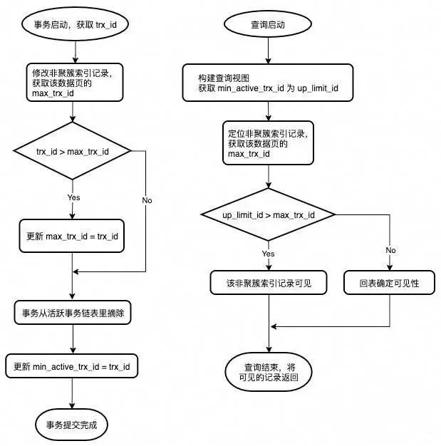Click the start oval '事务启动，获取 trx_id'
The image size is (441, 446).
[x=71, y=24]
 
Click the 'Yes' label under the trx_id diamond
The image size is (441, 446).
[x=73, y=197]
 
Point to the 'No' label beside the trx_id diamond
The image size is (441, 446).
[x=147, y=200]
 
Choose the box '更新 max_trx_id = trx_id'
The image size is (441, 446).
[x=72, y=236]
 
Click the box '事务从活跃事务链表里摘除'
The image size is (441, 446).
[x=72, y=313]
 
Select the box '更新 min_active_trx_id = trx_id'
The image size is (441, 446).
[x=72, y=366]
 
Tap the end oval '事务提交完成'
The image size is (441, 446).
[x=71, y=425]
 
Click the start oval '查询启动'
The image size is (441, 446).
[x=268, y=24]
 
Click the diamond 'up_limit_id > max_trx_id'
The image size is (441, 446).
[x=269, y=214]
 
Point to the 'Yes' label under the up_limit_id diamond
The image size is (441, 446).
[x=269, y=253]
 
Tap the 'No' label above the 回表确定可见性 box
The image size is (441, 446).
[x=390, y=250]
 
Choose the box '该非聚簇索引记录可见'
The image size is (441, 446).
[x=268, y=283]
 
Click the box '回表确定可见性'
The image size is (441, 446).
[x=390, y=283]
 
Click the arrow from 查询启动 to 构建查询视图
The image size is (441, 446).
[x=268, y=50]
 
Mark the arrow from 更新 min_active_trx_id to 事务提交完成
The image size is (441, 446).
[x=72, y=393]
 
